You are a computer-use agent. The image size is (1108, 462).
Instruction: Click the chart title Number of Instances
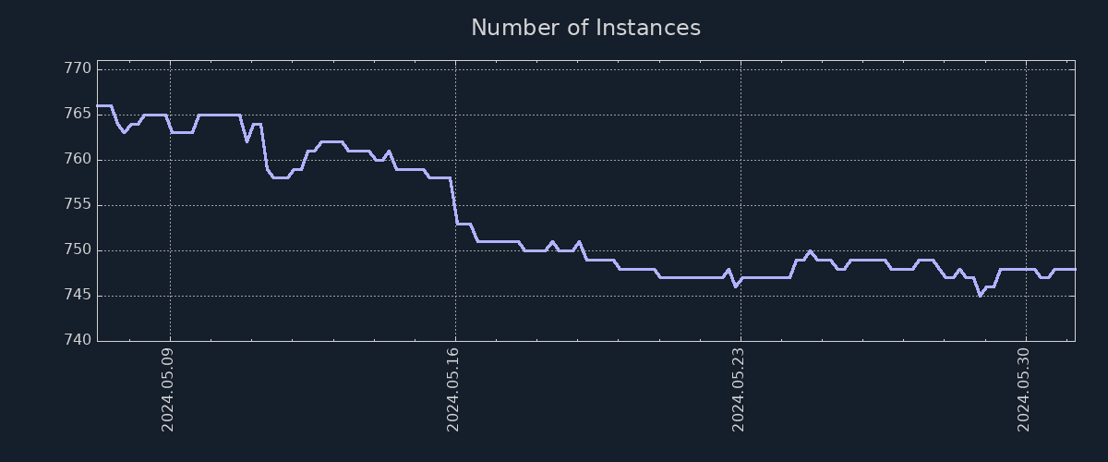point(585,28)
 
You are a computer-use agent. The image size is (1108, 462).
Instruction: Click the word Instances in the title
point(647,28)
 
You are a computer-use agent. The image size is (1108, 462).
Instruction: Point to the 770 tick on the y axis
point(78,68)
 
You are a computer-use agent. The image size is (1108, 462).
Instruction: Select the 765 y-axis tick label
point(78,114)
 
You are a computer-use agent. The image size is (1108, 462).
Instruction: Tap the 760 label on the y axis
point(78,159)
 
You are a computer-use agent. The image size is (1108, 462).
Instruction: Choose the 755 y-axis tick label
point(78,204)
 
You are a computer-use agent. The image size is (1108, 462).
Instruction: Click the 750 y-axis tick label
point(78,249)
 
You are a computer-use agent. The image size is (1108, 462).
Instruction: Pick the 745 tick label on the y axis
point(78,295)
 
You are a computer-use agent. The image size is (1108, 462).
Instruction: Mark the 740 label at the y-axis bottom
point(78,340)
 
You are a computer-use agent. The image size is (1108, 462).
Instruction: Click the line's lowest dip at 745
point(980,296)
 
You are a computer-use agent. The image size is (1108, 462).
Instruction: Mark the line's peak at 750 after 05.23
point(810,250)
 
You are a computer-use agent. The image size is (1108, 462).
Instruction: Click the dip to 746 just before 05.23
point(735,286)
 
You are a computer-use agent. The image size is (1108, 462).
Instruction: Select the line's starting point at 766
point(98,105)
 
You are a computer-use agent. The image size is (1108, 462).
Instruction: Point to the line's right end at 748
point(1074,269)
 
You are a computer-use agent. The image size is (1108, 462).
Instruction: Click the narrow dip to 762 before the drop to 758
point(247,141)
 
